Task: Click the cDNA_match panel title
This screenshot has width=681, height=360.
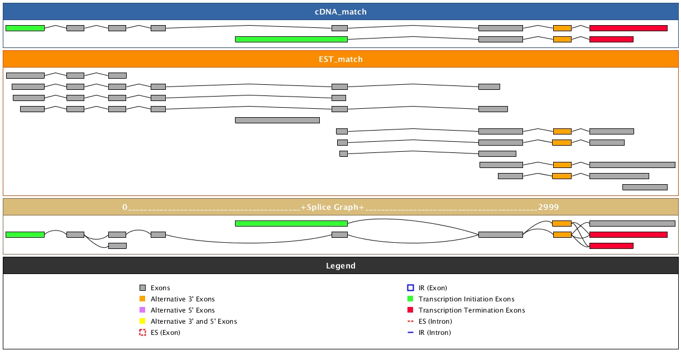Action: click(x=341, y=12)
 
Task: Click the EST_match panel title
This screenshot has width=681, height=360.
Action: click(x=341, y=59)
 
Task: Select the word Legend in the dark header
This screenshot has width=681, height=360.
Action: click(x=341, y=266)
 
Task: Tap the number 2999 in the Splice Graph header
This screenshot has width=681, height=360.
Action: click(x=548, y=207)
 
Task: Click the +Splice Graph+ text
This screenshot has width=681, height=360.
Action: click(x=332, y=207)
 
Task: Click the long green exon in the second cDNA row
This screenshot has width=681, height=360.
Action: click(x=291, y=39)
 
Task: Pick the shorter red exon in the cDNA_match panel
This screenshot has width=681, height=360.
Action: click(x=611, y=39)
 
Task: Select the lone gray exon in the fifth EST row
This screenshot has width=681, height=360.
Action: click(x=277, y=120)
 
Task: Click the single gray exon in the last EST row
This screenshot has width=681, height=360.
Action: click(x=645, y=187)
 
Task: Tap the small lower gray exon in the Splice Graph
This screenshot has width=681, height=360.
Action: click(x=117, y=246)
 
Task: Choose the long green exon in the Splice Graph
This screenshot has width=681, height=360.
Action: click(x=291, y=223)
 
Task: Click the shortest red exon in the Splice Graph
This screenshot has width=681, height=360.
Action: click(x=611, y=246)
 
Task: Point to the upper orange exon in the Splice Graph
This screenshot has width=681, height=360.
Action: click(x=562, y=223)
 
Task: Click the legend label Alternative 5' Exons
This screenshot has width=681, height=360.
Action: click(x=183, y=310)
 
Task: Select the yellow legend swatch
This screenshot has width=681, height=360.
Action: click(x=142, y=321)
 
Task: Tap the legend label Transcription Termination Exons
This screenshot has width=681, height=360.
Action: click(x=472, y=310)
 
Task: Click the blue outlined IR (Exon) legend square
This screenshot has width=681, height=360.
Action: click(x=410, y=288)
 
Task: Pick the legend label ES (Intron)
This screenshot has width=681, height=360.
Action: click(x=435, y=321)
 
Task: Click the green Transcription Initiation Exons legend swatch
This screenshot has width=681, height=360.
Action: click(x=410, y=299)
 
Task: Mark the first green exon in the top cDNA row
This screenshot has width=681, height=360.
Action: click(x=25, y=28)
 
